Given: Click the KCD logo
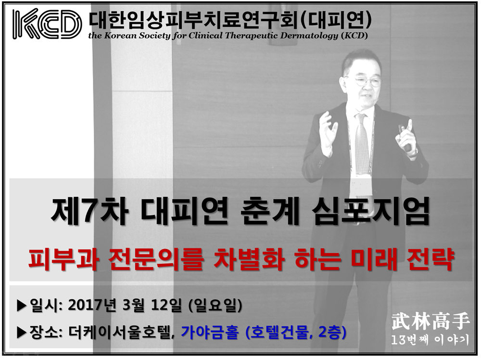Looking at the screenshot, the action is click(47, 24).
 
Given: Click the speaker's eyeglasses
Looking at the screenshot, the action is click(367, 81).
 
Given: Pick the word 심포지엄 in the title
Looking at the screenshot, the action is click(370, 211).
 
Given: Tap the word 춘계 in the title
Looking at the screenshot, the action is click(269, 211).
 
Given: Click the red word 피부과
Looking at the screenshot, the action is click(63, 259).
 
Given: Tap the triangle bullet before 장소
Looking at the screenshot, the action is click(22, 333).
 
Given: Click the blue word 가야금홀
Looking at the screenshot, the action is click(210, 333).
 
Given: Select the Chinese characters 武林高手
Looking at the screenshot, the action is click(430, 321).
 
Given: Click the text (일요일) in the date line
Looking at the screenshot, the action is click(215, 305).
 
